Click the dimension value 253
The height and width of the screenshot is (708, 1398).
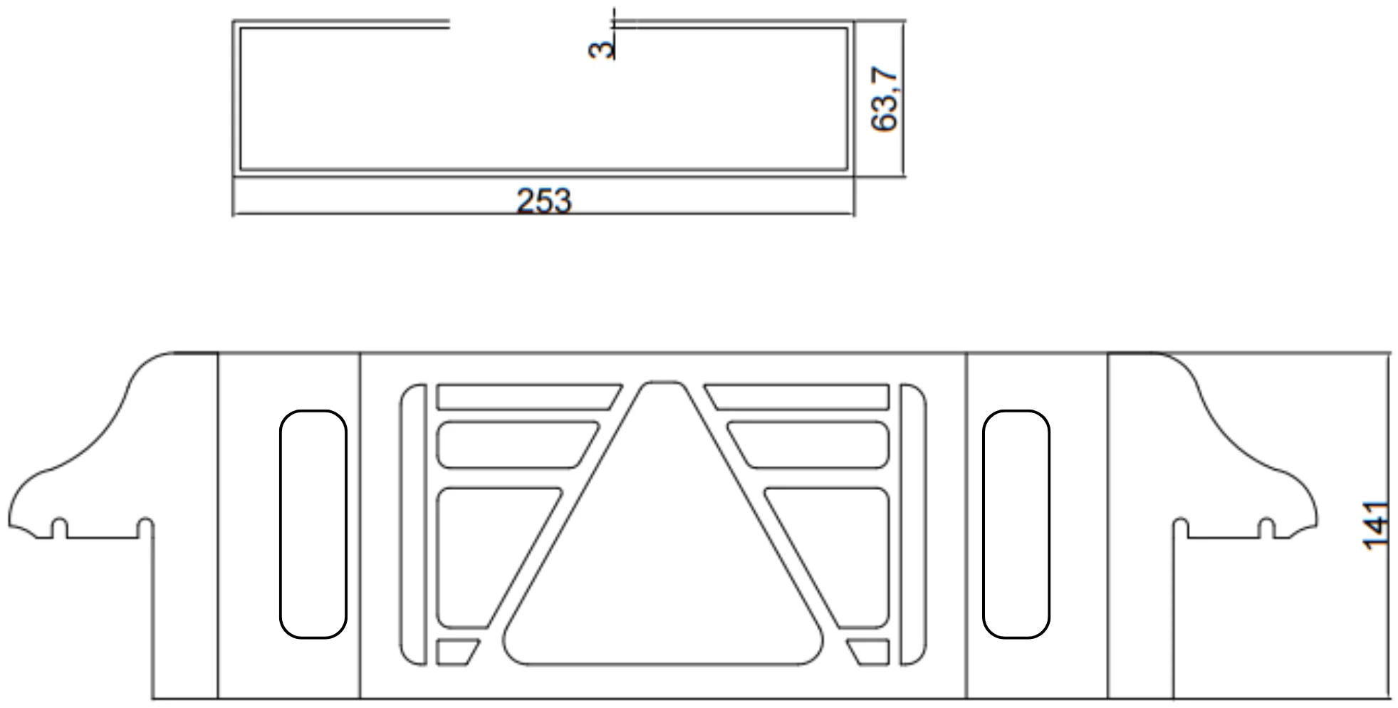543,201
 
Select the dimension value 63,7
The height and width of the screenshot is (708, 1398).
885,99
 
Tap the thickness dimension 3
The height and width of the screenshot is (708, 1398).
603,49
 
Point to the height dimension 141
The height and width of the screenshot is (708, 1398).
1375,526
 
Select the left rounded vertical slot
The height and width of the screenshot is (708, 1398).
313,524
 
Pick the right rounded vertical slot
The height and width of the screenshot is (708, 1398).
1016,524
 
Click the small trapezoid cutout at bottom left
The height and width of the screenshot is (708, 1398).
454,652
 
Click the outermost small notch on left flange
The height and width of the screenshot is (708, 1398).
60,528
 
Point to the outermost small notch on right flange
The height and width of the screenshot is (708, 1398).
1266,528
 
